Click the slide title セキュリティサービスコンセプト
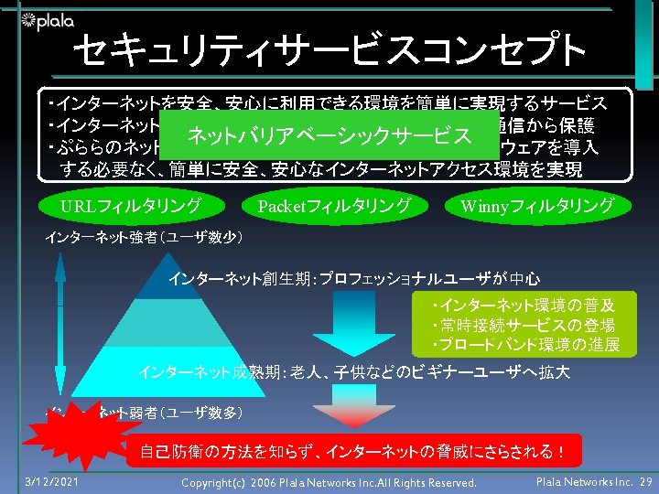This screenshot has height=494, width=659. coord(329,51)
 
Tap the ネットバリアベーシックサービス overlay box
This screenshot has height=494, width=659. coord(329,137)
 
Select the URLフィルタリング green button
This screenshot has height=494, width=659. coord(130,206)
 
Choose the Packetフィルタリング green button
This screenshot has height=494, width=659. coord(334,206)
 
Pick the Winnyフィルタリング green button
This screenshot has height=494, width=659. coord(537,206)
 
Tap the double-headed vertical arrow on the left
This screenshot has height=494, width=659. coord(59,320)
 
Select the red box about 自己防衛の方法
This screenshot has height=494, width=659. coord(352,450)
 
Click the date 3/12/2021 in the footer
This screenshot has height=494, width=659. coord(51,481)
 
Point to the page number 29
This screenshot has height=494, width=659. coord(645,481)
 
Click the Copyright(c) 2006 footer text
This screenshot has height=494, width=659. coord(329,482)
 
